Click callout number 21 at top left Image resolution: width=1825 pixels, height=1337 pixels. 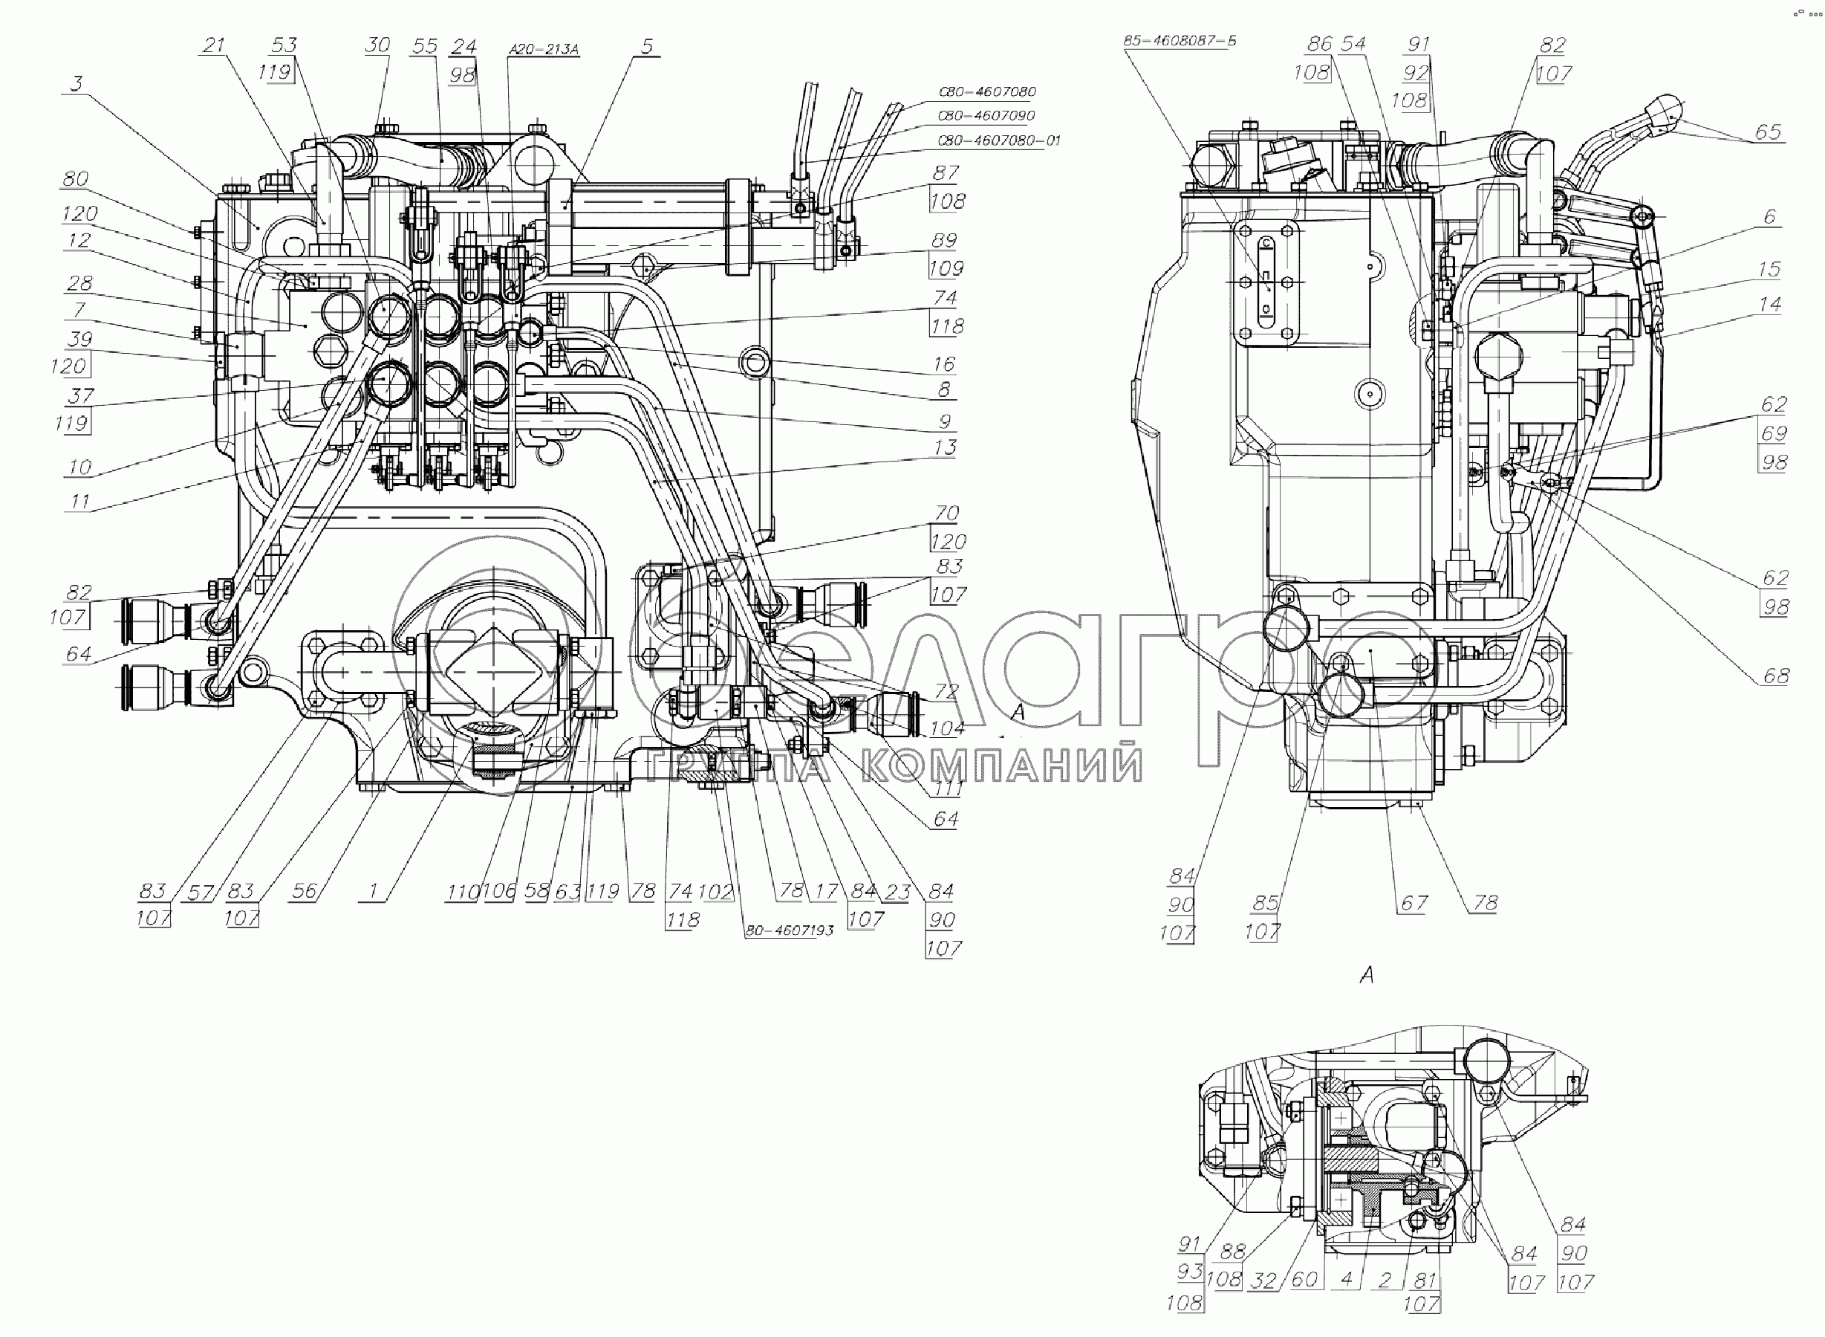coord(214,45)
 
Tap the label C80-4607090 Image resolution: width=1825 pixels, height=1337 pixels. coord(986,116)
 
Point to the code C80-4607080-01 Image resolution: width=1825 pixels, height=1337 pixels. coord(998,140)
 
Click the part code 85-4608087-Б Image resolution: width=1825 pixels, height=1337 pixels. coord(1180,40)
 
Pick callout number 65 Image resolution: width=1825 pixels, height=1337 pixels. coord(1769,132)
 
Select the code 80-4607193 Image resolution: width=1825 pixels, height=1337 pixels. coord(789,930)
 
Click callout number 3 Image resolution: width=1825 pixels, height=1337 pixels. coord(76,84)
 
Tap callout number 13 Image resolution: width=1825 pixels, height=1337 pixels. coord(944,447)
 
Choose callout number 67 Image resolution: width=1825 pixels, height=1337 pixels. coord(1414,902)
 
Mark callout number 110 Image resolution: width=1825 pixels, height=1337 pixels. coord(462,892)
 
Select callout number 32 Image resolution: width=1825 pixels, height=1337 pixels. coord(1263,1280)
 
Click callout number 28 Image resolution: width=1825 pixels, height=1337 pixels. coord(79,283)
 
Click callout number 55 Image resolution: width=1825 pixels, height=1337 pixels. coord(424,46)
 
